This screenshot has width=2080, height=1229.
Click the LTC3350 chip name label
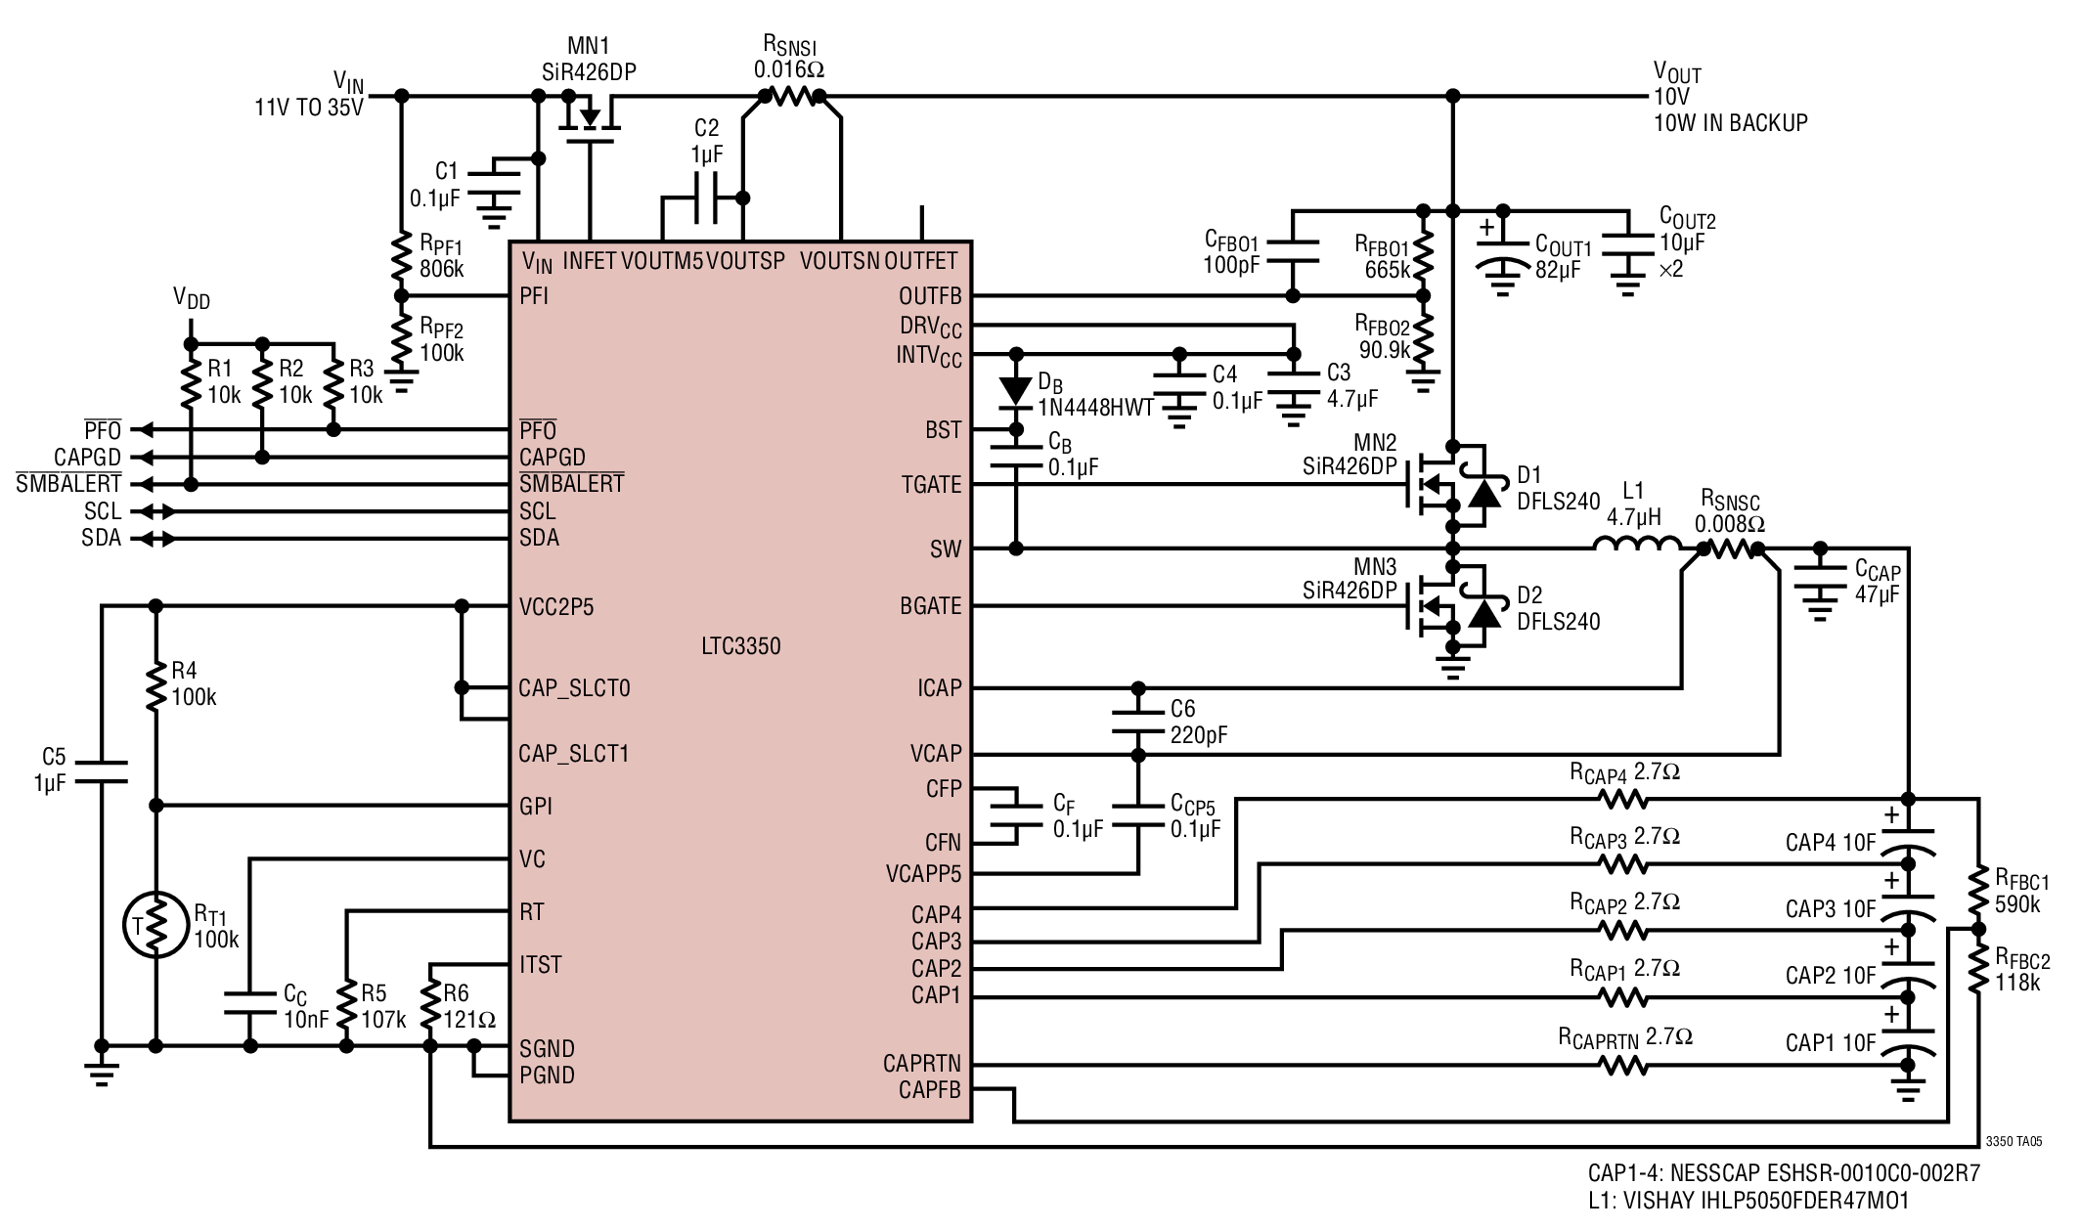point(740,646)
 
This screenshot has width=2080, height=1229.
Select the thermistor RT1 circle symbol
point(155,925)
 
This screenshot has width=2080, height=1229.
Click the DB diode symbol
point(1016,391)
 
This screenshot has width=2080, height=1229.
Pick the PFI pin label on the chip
point(534,295)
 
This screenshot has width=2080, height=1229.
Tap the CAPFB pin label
point(929,1089)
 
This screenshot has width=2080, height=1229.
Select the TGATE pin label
point(931,484)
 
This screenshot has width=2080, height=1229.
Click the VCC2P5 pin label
point(556,607)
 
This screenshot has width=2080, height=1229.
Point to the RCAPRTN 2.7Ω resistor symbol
point(1624,1064)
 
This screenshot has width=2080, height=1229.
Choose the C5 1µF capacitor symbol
point(101,770)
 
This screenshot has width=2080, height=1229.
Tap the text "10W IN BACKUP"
point(1730,123)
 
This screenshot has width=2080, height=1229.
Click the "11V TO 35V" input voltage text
point(309,107)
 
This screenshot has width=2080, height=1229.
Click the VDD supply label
point(192,298)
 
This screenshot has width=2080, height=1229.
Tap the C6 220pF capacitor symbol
point(1137,721)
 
